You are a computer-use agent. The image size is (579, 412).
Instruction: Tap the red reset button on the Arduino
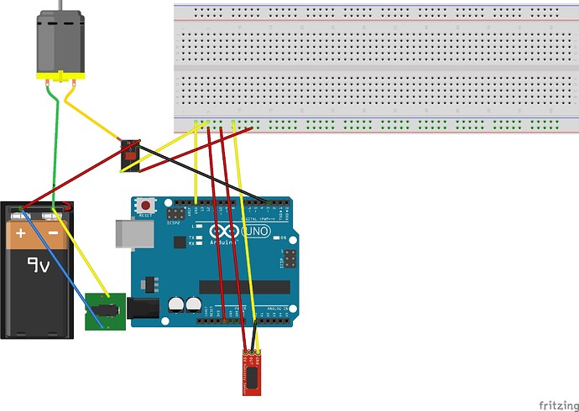[x=148, y=206]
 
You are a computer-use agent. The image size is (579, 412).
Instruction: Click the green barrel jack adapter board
[x=105, y=312]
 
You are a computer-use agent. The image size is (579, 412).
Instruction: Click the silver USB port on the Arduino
[x=125, y=236]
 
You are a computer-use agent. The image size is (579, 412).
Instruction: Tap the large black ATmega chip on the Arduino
[x=243, y=286]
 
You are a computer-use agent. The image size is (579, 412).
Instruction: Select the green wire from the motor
[x=55, y=143]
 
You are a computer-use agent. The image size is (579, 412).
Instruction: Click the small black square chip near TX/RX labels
[x=179, y=243]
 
